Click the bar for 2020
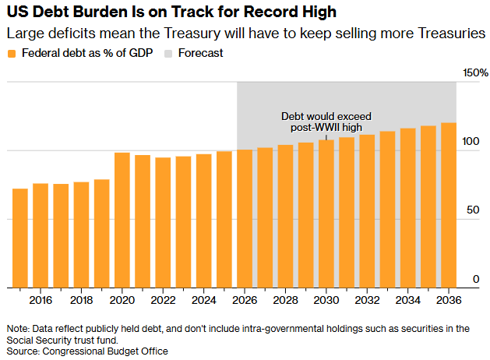(x=122, y=220)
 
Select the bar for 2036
(x=449, y=205)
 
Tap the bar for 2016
(x=41, y=235)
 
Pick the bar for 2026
(x=245, y=218)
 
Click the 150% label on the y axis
(x=474, y=72)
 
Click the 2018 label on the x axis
(x=81, y=300)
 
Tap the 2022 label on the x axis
(x=163, y=300)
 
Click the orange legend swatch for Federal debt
(x=11, y=54)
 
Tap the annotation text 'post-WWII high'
(x=327, y=127)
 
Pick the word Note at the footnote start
(x=17, y=329)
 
